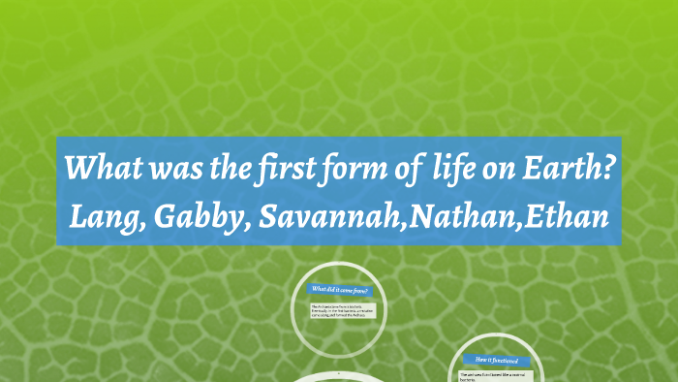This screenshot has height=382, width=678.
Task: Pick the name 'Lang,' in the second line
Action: [104, 215]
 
